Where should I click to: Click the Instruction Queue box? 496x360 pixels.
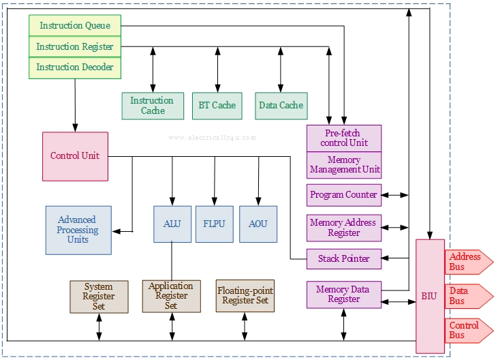[x=75, y=26]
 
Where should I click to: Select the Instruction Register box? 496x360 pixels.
[x=75, y=47]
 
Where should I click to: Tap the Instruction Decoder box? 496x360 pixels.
[x=75, y=67]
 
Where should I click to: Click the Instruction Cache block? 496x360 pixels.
[x=153, y=106]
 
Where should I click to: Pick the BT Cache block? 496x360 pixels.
[x=217, y=106]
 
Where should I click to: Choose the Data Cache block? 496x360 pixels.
[x=281, y=106]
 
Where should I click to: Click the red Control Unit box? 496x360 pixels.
[x=75, y=156]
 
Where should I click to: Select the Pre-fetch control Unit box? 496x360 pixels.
[x=343, y=138]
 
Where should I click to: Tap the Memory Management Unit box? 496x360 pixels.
[x=343, y=165]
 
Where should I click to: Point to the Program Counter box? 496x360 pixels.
[x=343, y=195]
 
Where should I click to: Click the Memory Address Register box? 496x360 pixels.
[x=343, y=228]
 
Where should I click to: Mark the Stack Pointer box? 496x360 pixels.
[x=343, y=259]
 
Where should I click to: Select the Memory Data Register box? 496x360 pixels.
[x=343, y=295]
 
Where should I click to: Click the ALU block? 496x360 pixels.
[x=172, y=224]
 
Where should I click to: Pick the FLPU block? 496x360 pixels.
[x=214, y=224]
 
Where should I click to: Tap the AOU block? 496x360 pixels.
[x=258, y=224]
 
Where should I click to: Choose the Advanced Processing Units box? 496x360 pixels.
[x=78, y=230]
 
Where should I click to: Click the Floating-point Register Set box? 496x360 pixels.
[x=245, y=296]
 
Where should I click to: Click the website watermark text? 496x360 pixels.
[x=213, y=138]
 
